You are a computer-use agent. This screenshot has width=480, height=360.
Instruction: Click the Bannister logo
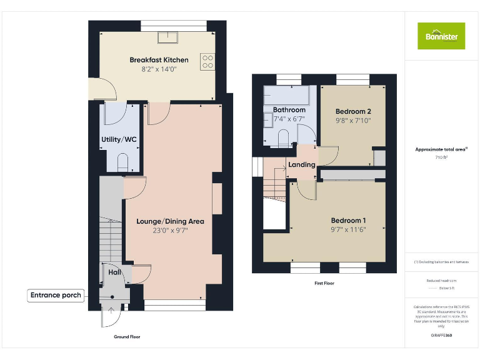(x=441, y=36)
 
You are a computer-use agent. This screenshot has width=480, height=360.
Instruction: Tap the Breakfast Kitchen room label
(x=159, y=60)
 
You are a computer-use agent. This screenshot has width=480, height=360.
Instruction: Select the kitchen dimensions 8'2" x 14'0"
(x=159, y=69)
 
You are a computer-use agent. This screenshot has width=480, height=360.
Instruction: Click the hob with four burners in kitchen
(x=207, y=61)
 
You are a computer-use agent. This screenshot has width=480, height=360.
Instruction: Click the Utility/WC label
(x=119, y=139)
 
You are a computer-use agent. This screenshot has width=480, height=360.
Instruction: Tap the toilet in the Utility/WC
(x=122, y=164)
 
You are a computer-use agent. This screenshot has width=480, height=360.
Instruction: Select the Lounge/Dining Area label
(x=170, y=221)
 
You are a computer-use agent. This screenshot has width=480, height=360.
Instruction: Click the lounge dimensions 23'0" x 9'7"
(x=170, y=230)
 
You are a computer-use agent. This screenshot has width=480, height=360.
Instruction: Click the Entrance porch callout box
(x=56, y=295)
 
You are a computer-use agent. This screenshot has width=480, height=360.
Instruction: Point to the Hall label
(x=114, y=272)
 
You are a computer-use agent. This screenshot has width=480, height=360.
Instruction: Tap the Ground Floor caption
(x=127, y=337)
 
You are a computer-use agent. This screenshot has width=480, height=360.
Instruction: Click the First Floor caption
(x=324, y=283)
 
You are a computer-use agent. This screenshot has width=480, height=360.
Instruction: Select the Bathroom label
(x=289, y=110)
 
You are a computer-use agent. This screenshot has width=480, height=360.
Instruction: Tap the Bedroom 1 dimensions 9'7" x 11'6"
(x=347, y=230)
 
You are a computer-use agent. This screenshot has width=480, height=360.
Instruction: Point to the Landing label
(x=301, y=165)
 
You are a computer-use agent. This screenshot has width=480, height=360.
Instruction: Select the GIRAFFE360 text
(x=441, y=336)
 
